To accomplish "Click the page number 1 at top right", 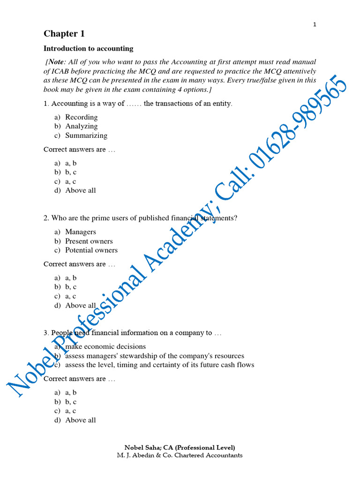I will (315, 25).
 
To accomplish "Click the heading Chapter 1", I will (60, 34).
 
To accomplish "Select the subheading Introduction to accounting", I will (88, 48).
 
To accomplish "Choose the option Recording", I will (81, 117).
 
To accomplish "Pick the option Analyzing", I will (81, 126).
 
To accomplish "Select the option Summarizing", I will (86, 135).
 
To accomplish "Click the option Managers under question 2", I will (80, 232).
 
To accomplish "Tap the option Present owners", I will (89, 241).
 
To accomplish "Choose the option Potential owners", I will (91, 250).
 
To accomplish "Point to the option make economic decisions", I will (105, 346).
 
